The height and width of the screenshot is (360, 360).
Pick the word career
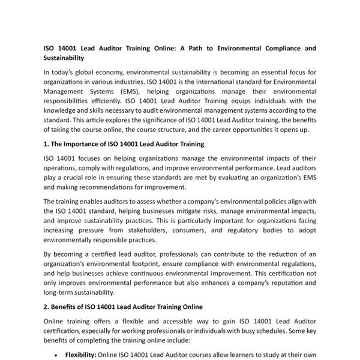[226, 130]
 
